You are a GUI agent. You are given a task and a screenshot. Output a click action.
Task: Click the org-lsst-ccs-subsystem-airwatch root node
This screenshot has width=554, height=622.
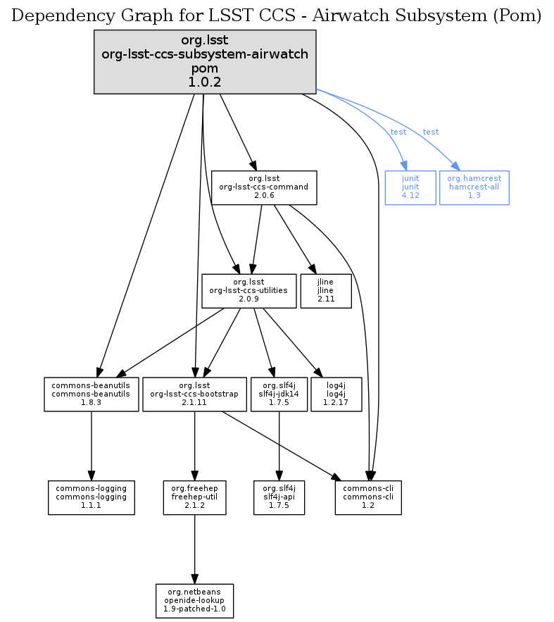click(205, 62)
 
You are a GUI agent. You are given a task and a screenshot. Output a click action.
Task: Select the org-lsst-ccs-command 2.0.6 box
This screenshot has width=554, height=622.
click(264, 187)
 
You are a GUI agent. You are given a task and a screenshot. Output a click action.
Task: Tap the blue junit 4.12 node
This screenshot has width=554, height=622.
click(410, 187)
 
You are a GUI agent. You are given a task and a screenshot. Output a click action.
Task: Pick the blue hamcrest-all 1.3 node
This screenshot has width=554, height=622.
click(474, 187)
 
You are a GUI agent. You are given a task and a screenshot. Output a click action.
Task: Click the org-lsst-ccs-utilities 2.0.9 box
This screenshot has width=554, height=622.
click(248, 290)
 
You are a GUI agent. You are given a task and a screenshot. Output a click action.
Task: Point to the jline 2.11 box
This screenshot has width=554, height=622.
click(325, 290)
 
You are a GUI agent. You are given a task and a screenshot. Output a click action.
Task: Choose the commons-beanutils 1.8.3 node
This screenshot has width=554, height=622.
click(92, 394)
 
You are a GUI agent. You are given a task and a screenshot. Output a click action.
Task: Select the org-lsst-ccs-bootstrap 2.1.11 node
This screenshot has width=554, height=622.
click(195, 394)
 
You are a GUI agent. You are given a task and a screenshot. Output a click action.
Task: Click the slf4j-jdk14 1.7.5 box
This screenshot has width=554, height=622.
click(279, 394)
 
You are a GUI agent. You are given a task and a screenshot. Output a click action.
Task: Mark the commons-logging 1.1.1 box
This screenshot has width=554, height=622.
click(92, 497)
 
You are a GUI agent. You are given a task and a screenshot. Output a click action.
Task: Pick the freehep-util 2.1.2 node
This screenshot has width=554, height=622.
click(195, 497)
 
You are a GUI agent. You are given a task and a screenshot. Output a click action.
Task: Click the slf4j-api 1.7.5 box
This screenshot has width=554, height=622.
click(279, 497)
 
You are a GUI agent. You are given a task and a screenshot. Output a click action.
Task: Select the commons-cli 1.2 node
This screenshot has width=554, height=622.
click(368, 497)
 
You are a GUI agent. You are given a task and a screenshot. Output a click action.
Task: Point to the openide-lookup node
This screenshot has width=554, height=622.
click(195, 600)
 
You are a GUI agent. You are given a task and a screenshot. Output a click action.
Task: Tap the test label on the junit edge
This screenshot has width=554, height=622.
click(398, 132)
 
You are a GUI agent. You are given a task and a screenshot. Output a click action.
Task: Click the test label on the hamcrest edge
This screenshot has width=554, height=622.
click(431, 132)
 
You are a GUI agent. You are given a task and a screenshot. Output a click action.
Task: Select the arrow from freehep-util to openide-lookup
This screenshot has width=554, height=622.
click(195, 549)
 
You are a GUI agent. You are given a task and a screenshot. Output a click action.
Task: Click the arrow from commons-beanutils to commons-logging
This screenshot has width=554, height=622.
click(92, 445)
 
